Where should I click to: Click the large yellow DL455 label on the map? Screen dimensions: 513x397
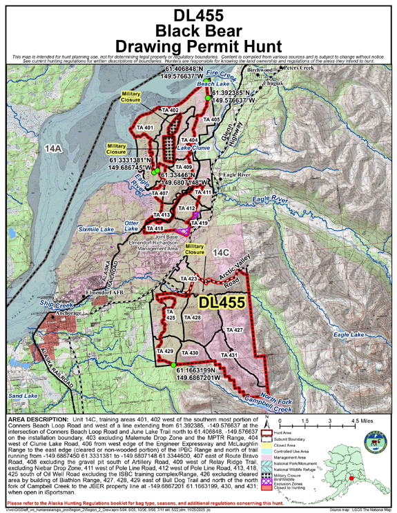tap(222, 303)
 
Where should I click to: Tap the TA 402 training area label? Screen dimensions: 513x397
tap(170, 110)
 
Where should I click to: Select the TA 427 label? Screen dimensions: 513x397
tap(234, 331)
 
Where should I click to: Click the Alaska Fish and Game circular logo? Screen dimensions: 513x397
tap(287, 448)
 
